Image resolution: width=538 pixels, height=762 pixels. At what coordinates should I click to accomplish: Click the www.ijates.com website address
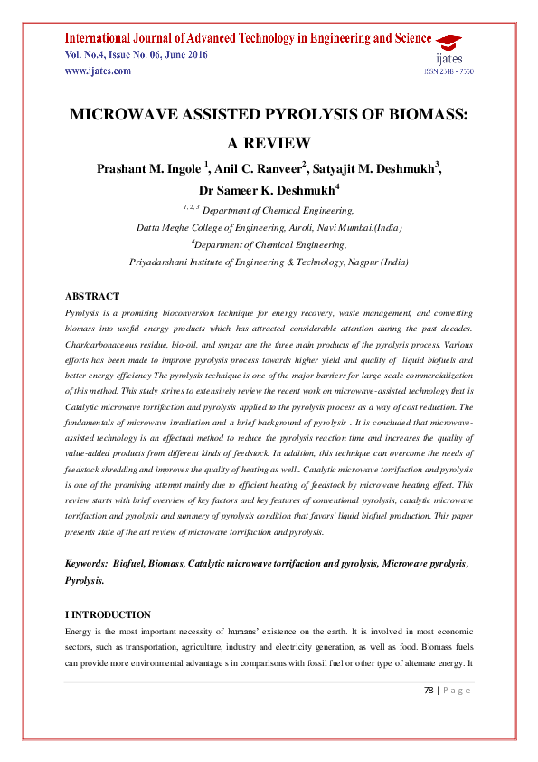tap(98, 71)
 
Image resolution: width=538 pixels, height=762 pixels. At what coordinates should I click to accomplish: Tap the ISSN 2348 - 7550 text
tap(449, 71)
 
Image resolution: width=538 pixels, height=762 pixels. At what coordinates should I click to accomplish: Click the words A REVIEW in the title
tap(269, 143)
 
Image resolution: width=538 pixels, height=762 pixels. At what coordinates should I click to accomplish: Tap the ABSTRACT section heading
tap(92, 297)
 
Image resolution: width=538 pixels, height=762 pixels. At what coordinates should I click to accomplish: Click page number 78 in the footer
tap(429, 691)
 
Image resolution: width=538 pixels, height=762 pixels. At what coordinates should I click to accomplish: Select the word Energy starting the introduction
tap(80, 631)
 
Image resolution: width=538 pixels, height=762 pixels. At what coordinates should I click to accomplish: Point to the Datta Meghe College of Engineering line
tap(269, 227)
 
